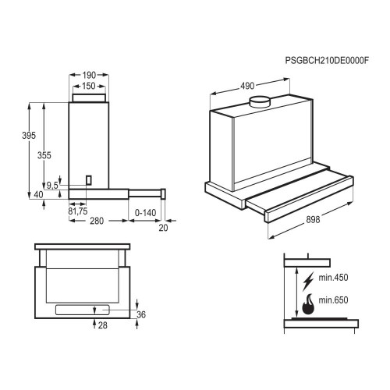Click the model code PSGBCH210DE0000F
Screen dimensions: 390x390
(x=327, y=60)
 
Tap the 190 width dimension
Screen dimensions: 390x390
(x=89, y=75)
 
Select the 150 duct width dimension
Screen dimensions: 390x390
(x=89, y=86)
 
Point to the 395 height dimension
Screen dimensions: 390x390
(x=29, y=136)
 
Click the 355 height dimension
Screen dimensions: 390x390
(x=44, y=155)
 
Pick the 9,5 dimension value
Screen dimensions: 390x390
(x=52, y=186)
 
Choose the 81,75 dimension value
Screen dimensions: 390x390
(x=78, y=211)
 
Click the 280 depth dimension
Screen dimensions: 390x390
(x=97, y=221)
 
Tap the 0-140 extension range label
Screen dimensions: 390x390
(x=145, y=213)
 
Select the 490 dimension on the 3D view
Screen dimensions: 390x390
(x=247, y=86)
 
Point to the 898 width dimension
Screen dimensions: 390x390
(x=313, y=220)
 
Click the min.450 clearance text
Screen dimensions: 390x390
(x=333, y=278)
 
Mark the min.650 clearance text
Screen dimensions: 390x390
(x=333, y=300)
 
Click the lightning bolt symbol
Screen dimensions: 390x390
(x=308, y=281)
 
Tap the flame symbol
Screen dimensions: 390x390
(x=308, y=304)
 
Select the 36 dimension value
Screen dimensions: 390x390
(x=141, y=314)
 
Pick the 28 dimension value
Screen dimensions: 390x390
(x=103, y=325)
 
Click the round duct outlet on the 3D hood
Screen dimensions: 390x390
(x=260, y=101)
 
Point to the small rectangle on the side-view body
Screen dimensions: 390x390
(x=89, y=180)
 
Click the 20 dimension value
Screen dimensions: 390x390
(x=163, y=228)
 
